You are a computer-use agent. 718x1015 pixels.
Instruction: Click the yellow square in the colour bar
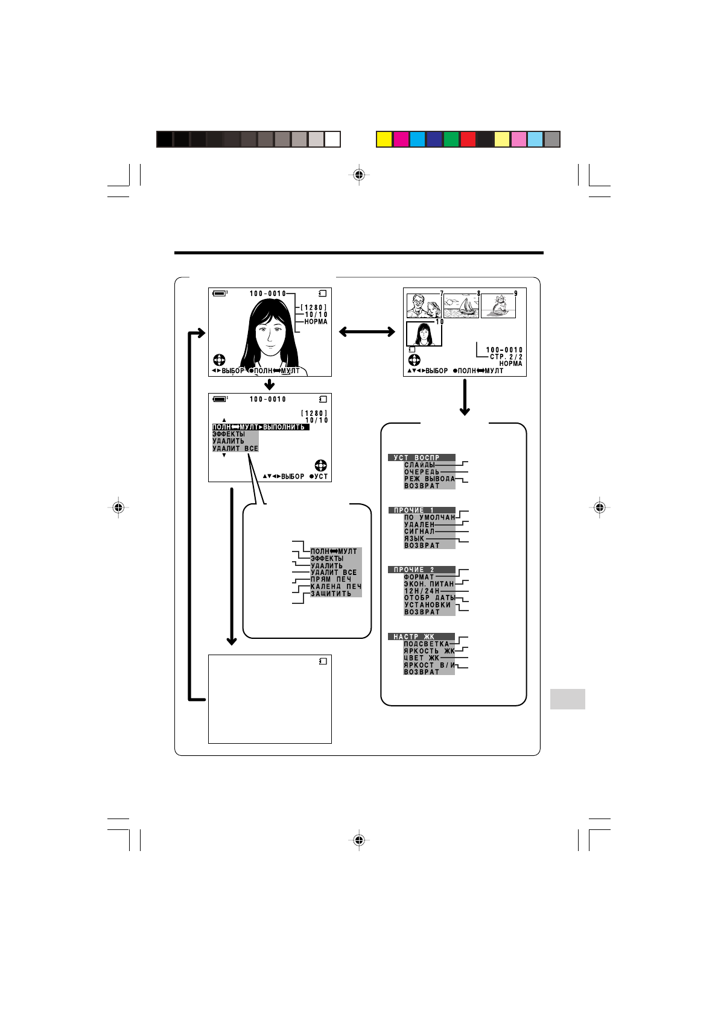coord(384,140)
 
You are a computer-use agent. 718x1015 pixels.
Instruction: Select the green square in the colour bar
coord(451,140)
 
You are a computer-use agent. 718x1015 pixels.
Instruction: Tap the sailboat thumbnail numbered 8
coord(461,306)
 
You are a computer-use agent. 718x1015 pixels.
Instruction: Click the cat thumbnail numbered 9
coord(498,306)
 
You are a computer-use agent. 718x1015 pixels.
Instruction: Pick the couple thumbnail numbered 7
coord(424,306)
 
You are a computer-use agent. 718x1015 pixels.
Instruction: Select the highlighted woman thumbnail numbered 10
coord(424,334)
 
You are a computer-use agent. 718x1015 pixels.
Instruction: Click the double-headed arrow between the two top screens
coord(367,332)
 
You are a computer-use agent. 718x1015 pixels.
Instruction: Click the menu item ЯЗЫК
coord(414,538)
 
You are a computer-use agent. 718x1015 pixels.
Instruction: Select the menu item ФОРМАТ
coord(419,577)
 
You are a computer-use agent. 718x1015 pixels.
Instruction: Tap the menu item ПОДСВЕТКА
coord(426,644)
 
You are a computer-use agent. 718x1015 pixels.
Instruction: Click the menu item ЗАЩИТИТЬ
coord(331,594)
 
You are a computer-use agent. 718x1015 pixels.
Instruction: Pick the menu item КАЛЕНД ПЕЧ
coord(335,586)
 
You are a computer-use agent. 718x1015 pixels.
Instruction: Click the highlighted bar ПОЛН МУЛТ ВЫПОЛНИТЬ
coord(261,427)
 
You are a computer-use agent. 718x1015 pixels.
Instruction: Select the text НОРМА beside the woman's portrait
coord(316,322)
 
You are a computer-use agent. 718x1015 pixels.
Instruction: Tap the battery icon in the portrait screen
coord(219,294)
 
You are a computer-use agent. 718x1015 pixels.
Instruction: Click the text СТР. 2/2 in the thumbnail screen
coord(506,357)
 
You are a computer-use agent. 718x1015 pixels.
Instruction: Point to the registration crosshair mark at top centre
coord(359,175)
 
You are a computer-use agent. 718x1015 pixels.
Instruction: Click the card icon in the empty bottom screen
coord(323,661)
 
